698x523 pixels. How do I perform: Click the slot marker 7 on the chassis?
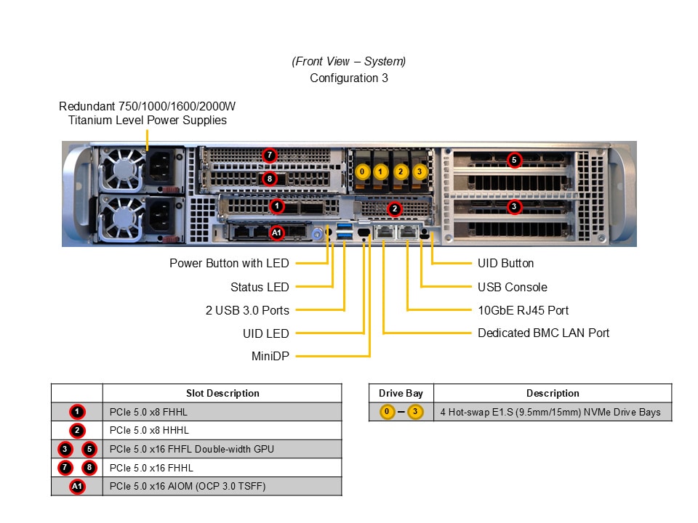click(x=270, y=155)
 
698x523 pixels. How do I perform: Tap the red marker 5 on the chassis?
click(x=514, y=159)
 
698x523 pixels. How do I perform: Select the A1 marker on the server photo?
click(x=277, y=232)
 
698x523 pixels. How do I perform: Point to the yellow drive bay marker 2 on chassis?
click(x=401, y=172)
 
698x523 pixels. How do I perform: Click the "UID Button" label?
click(x=505, y=264)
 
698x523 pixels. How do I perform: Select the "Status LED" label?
click(x=260, y=287)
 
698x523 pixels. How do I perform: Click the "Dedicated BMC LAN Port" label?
click(x=543, y=333)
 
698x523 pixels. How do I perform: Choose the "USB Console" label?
click(x=512, y=287)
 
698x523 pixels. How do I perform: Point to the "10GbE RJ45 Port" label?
click(x=523, y=310)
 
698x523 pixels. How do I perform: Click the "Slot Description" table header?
click(x=222, y=393)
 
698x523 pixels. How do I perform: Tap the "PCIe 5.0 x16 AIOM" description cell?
click(x=188, y=486)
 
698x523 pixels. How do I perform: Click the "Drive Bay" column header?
click(x=401, y=393)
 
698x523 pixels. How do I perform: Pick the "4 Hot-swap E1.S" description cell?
click(x=550, y=412)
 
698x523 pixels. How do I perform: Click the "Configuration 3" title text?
click(x=349, y=78)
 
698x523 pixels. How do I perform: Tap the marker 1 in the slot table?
click(x=77, y=412)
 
